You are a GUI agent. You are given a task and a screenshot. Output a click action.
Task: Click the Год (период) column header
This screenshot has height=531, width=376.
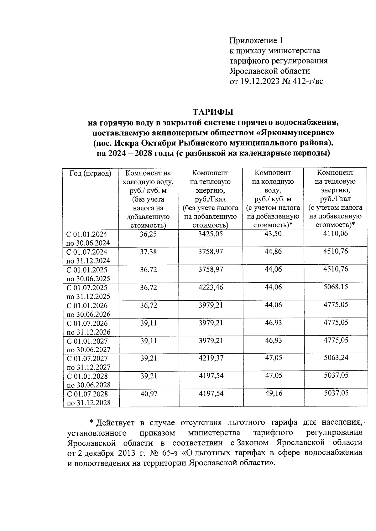click(90, 173)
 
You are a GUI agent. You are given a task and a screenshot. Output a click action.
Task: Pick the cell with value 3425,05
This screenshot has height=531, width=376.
click(211, 234)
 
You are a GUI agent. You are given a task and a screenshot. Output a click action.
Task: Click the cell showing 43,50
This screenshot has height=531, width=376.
click(273, 234)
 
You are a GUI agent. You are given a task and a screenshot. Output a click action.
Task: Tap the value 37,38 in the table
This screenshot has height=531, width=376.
click(148, 252)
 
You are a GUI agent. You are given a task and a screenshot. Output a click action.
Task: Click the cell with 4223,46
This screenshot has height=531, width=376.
click(211, 287)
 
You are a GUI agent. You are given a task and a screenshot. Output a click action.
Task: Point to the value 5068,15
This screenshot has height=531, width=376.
click(336, 287)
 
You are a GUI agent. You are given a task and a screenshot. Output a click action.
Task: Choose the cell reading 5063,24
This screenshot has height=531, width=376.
click(336, 357)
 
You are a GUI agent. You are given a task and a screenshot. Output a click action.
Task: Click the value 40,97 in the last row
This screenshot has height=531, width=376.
click(149, 394)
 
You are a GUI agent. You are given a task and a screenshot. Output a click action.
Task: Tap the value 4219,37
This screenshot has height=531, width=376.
click(211, 358)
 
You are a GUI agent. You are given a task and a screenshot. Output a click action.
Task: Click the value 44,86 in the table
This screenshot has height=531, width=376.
click(273, 252)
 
